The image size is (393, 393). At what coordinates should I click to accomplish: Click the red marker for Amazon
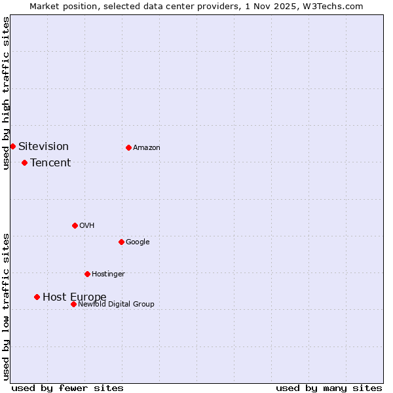[x=128, y=147]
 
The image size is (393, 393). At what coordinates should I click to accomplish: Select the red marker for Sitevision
[x=12, y=146]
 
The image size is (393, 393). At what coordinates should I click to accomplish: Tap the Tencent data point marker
[x=24, y=162]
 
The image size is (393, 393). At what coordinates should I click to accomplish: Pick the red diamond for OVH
[x=75, y=225]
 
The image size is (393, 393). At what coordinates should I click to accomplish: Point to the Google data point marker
[x=121, y=242]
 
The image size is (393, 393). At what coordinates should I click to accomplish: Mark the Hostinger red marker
[x=87, y=274]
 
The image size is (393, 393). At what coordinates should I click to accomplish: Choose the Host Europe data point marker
[x=37, y=297]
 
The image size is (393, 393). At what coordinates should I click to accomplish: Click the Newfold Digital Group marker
[x=73, y=304]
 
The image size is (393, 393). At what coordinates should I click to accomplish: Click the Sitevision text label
[x=43, y=146]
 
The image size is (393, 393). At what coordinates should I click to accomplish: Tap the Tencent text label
[x=50, y=162]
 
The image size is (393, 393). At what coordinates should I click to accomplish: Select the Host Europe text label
[x=74, y=297]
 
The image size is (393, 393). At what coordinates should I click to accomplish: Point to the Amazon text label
[x=147, y=147]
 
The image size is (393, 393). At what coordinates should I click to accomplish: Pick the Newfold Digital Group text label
[x=116, y=304]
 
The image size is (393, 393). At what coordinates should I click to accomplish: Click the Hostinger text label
[x=108, y=274]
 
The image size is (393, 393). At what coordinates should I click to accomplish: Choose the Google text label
[x=138, y=242]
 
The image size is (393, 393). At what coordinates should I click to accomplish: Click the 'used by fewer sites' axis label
[x=67, y=388]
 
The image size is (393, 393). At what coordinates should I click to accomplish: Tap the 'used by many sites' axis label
[x=329, y=388]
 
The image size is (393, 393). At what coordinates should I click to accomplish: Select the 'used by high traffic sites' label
[x=6, y=93]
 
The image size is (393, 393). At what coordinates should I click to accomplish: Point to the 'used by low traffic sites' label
[x=6, y=307]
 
